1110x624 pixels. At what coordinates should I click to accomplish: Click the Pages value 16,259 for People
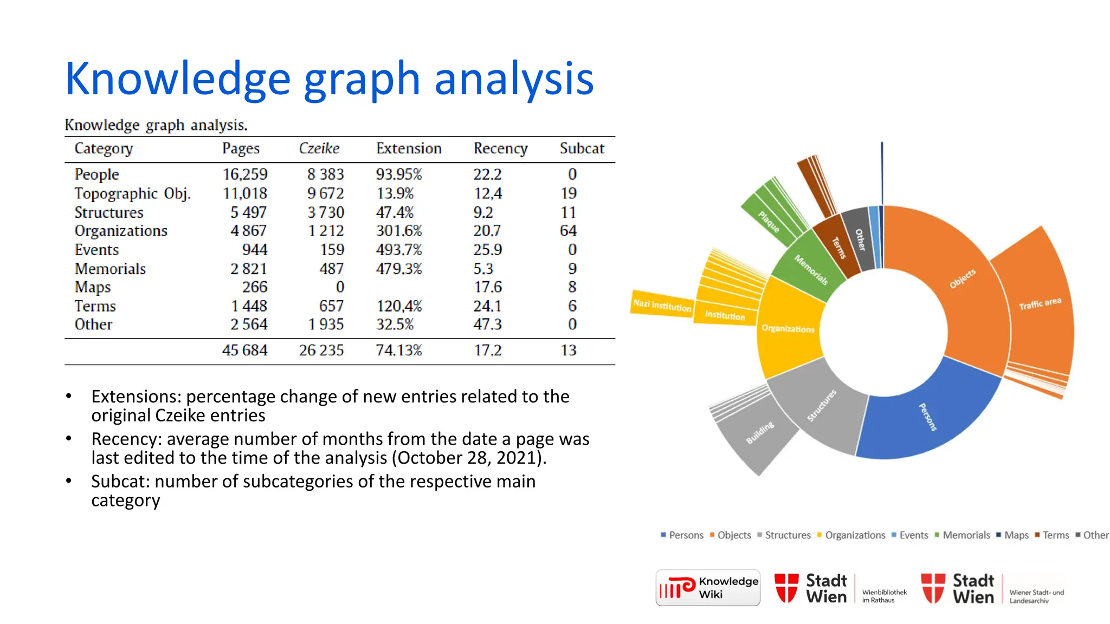pyautogui.click(x=245, y=174)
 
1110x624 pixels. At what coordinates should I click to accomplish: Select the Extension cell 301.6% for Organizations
pyautogui.click(x=399, y=231)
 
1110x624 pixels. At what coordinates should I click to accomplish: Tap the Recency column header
pyautogui.click(x=500, y=148)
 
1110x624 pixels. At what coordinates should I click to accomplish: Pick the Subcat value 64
pyautogui.click(x=568, y=231)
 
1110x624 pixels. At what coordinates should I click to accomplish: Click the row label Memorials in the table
pyautogui.click(x=110, y=269)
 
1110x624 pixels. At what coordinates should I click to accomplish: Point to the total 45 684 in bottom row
pyautogui.click(x=244, y=350)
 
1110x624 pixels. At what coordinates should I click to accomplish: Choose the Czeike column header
pyautogui.click(x=319, y=148)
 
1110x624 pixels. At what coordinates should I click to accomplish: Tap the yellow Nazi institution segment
pyautogui.click(x=662, y=304)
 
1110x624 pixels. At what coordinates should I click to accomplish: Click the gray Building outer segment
pyautogui.click(x=759, y=433)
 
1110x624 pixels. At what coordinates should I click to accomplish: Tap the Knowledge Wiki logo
pyautogui.click(x=708, y=588)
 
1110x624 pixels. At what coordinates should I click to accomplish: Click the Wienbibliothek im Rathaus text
pyautogui.click(x=884, y=596)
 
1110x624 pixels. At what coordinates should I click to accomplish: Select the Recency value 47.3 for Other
pyautogui.click(x=487, y=324)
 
